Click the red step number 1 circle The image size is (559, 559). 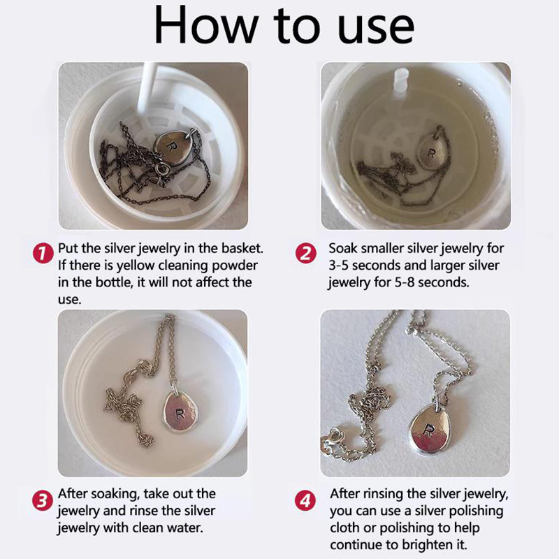click(x=43, y=254)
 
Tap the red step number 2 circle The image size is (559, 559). click(x=306, y=254)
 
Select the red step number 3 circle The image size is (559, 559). click(x=43, y=500)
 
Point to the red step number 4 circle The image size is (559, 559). click(x=305, y=500)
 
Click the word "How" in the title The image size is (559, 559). click(x=206, y=25)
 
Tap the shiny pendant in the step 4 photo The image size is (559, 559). click(x=430, y=430)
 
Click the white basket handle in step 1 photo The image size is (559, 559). click(x=147, y=87)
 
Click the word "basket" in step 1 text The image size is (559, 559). click(x=242, y=248)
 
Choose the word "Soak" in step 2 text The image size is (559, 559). click(x=342, y=248)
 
